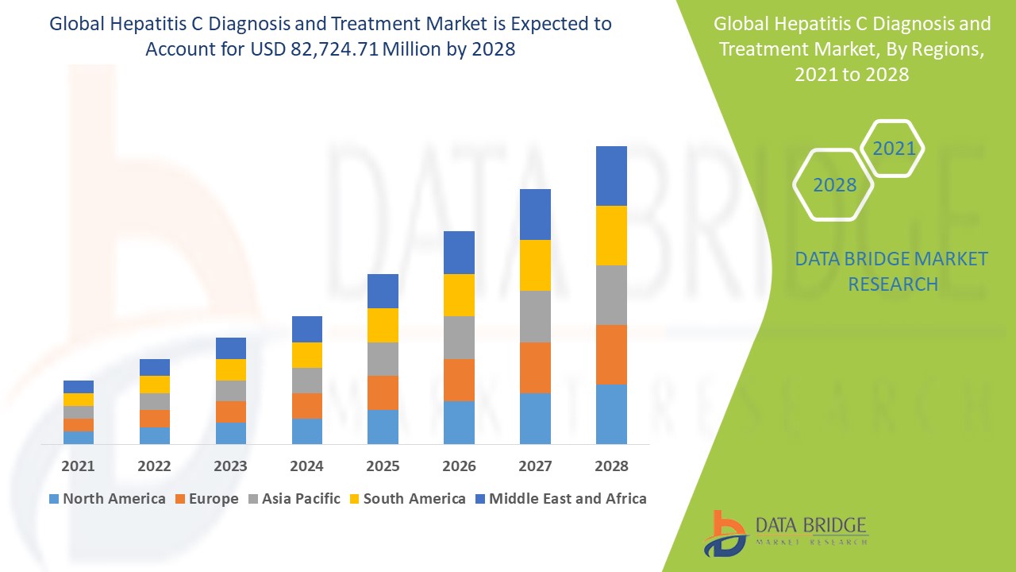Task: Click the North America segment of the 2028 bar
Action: click(611, 414)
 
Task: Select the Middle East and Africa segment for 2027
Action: click(535, 214)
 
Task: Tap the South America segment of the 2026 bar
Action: click(459, 295)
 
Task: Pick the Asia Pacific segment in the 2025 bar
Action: click(383, 359)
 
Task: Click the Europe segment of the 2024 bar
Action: click(306, 405)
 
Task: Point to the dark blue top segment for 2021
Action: click(79, 387)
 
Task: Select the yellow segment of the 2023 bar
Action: click(231, 369)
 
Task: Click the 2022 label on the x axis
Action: click(154, 466)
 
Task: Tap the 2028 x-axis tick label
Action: click(611, 466)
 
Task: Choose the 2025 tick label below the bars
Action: click(383, 466)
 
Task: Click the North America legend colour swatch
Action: click(54, 499)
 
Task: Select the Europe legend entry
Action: click(213, 499)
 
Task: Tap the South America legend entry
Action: click(414, 499)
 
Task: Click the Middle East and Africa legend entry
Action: click(567, 499)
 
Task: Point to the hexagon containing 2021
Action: click(893, 149)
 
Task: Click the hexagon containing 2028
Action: click(834, 185)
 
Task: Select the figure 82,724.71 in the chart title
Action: click(328, 49)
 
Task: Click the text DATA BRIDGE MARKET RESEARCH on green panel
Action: click(892, 271)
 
